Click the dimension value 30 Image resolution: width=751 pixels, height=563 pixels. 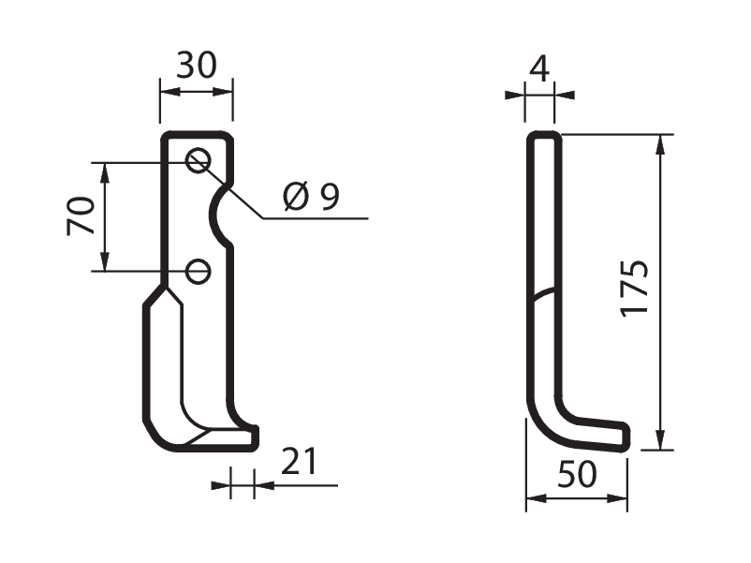pos(197,66)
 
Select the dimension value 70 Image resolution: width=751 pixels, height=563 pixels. pos(81,215)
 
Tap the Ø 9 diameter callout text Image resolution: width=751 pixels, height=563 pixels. pos(311,197)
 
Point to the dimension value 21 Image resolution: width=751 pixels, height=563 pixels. pos(299,461)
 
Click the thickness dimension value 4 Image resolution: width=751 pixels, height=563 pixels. pos(539,68)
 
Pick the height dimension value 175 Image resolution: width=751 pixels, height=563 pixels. pos(635,289)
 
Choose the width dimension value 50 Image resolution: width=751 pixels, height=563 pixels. pos(577,474)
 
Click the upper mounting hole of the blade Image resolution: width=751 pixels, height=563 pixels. pos(198,160)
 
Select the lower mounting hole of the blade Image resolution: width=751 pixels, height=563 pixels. pos(198,272)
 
